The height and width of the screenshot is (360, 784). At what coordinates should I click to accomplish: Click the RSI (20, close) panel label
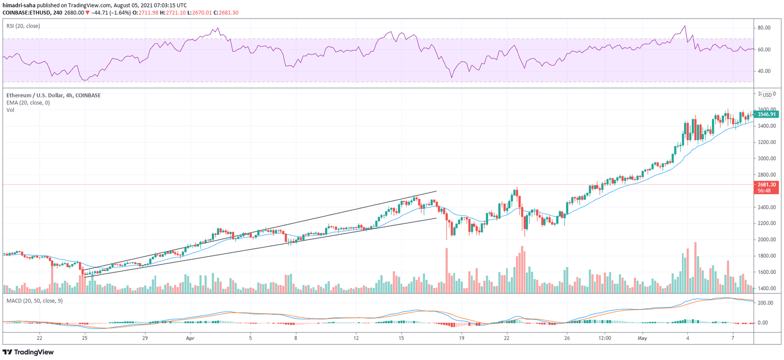point(23,26)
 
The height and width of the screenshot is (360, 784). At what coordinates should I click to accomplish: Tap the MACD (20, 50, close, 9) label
point(34,301)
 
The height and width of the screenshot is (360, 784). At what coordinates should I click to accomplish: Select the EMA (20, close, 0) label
point(28,103)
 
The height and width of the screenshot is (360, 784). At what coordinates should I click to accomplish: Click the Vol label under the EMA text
point(10,110)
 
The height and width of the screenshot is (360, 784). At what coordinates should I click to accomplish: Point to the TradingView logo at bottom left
point(28,352)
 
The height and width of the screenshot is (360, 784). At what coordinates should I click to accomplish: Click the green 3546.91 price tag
point(766,115)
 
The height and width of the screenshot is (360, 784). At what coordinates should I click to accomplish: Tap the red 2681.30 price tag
point(766,185)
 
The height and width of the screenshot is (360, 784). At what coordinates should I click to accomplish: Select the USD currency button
point(767,95)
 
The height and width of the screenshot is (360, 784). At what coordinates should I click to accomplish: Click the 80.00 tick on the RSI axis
point(764,28)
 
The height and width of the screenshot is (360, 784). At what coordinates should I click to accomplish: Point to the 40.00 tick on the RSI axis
point(764,71)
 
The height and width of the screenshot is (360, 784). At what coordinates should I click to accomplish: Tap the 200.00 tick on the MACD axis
point(765,303)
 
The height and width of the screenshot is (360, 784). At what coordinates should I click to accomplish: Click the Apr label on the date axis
point(191,338)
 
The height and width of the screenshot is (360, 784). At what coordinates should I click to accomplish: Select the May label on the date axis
point(642,338)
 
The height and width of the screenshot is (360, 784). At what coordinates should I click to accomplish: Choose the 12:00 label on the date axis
point(605,338)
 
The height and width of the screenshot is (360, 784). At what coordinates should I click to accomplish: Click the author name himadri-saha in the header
point(19,5)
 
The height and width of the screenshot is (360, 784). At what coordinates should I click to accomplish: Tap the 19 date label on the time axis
point(462,338)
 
